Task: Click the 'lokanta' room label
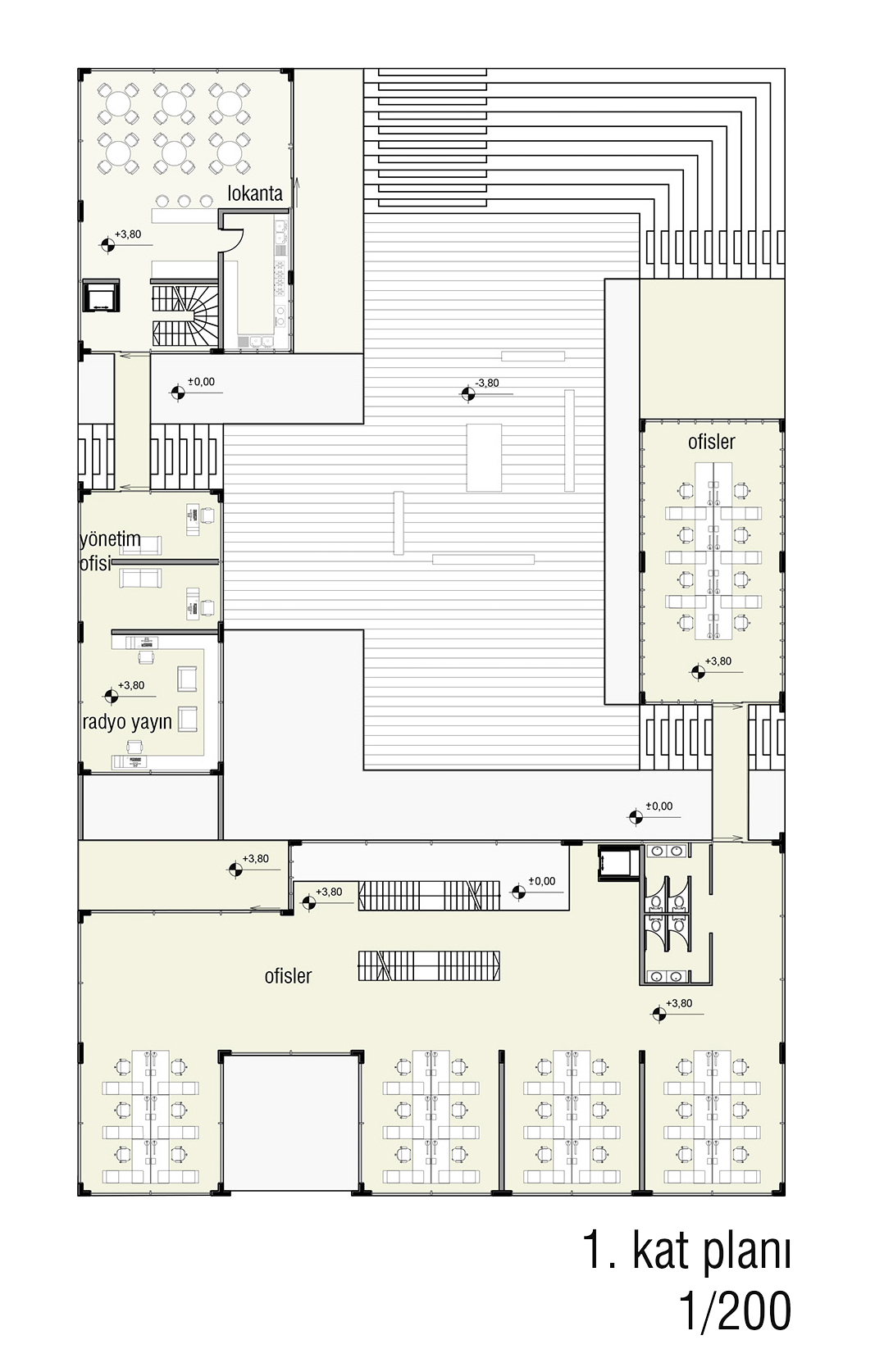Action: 255,193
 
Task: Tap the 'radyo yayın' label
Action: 127,721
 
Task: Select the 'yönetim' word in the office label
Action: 110,538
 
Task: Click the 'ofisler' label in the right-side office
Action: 712,442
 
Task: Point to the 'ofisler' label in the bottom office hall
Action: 288,975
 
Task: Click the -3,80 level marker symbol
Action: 467,394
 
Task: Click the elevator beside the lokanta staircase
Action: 101,296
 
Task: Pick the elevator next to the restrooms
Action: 618,862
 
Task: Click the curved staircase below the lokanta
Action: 185,315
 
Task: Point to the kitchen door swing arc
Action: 235,242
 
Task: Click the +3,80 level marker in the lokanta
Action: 108,244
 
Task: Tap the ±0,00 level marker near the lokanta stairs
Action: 178,393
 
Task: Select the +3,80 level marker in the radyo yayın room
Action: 112,696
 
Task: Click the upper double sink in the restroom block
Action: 667,851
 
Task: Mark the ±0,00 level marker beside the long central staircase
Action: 518,892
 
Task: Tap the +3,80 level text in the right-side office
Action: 718,661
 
